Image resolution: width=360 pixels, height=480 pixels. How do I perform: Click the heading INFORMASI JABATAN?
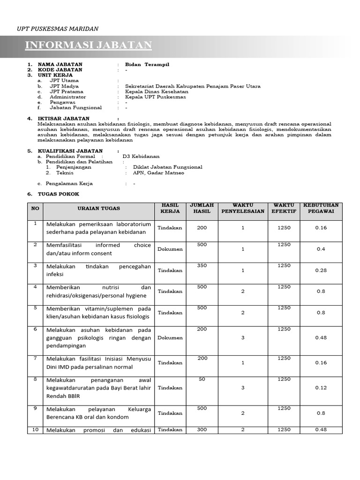[x=88, y=45]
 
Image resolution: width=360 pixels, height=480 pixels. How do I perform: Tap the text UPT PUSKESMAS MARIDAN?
[x=58, y=29]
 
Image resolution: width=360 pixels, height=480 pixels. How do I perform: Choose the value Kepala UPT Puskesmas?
[x=155, y=97]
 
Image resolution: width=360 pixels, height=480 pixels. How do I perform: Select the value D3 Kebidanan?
[x=141, y=156]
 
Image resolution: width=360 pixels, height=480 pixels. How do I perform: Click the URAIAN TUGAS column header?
[x=98, y=208]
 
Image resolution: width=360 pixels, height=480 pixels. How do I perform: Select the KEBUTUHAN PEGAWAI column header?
[x=321, y=208]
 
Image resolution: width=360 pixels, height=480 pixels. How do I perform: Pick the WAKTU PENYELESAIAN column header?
[x=243, y=208]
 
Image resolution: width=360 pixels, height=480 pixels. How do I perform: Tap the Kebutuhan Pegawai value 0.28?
[x=321, y=270]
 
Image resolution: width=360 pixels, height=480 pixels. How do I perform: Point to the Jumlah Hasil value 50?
[x=202, y=379]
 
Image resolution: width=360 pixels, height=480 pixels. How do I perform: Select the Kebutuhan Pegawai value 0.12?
[x=321, y=388]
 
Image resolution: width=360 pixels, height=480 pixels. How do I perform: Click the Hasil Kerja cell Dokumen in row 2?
[x=170, y=249]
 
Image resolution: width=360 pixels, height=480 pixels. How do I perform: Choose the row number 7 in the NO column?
[x=35, y=358]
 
